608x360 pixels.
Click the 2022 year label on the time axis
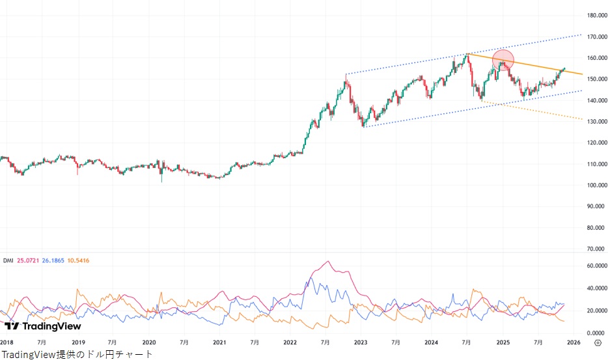[290, 342]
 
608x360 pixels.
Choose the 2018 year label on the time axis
[7, 342]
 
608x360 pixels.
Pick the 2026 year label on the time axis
[573, 342]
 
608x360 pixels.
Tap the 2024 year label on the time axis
[432, 342]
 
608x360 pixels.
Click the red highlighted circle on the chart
[503, 61]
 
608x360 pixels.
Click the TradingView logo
[43, 326]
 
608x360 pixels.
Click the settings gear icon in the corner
[598, 343]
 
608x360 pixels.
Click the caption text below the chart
[77, 354]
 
